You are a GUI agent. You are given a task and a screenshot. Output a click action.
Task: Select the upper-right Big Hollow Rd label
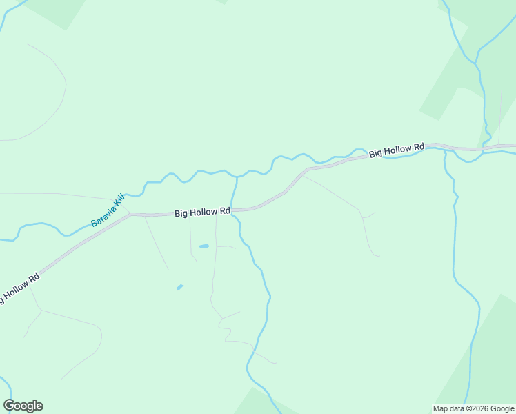point(396,151)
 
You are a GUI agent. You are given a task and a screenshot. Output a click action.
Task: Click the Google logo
point(23,406)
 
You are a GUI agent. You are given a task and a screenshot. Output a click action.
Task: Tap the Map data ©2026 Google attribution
point(474,408)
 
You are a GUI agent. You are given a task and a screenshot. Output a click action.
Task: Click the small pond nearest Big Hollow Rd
point(204,246)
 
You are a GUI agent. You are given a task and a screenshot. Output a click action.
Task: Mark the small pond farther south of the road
point(180,287)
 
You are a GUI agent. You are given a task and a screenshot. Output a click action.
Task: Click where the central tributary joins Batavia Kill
point(237,177)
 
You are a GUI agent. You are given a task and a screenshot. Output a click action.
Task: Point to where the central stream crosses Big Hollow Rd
point(232,210)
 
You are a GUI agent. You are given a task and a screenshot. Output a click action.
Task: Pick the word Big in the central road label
point(181,214)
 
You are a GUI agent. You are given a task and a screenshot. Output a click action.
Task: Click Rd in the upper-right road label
point(418,148)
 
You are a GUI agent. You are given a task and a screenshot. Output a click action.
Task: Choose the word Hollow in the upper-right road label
point(397,151)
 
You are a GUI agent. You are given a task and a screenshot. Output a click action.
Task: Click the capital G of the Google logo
point(10,406)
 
